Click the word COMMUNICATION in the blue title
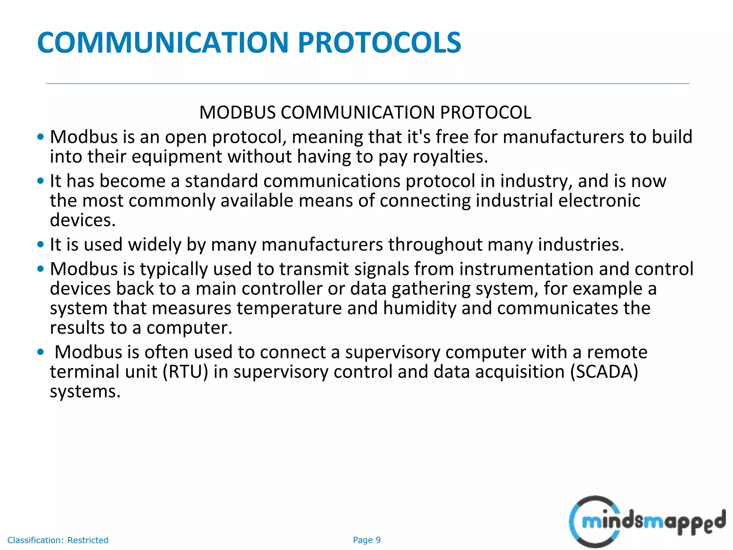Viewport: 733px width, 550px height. (x=163, y=43)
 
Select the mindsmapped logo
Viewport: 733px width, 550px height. (x=647, y=521)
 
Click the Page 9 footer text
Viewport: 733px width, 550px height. (x=366, y=540)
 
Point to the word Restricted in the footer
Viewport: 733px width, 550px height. (x=88, y=540)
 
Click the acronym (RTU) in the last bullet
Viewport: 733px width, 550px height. (x=185, y=372)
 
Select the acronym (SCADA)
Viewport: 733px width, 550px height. (x=604, y=372)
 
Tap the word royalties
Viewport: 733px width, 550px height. (x=450, y=157)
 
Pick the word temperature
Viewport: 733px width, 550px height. (x=289, y=308)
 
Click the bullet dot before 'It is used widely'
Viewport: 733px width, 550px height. (x=40, y=245)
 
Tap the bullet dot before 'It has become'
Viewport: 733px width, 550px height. (x=40, y=181)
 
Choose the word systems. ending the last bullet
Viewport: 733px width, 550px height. (x=85, y=391)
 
